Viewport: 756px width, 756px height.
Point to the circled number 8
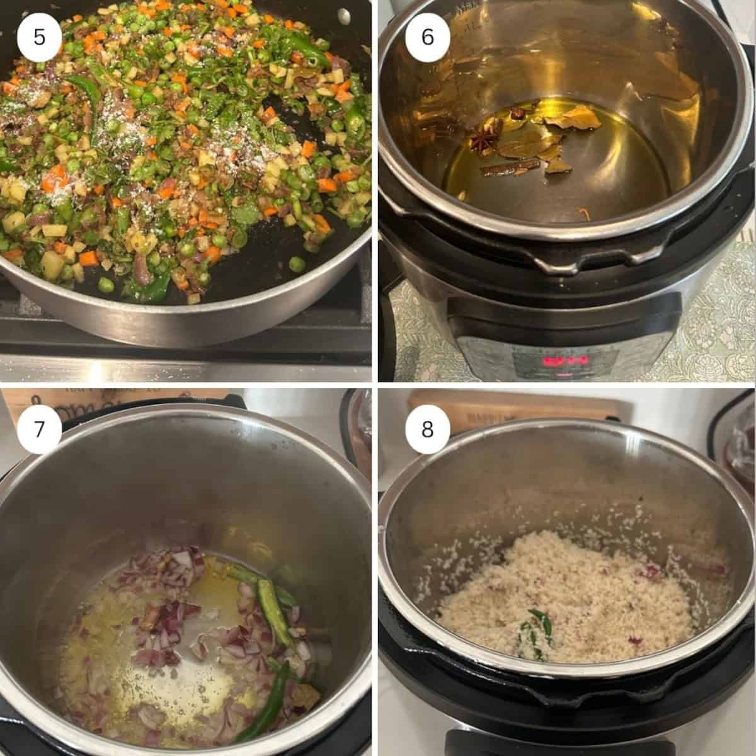tap(427, 430)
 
